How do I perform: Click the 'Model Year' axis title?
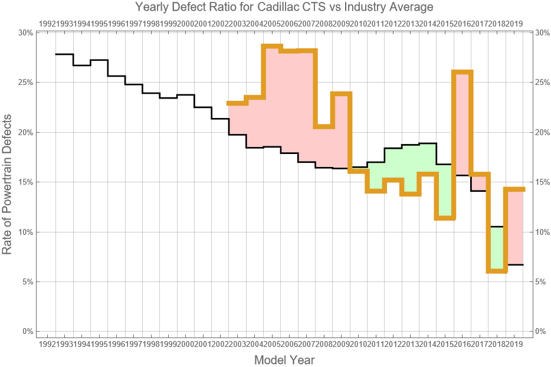tap(284, 360)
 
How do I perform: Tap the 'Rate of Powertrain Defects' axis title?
tap(7, 182)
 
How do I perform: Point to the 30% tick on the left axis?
tap(25, 33)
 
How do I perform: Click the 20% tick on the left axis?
tap(25, 132)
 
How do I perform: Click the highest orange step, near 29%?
tap(273, 46)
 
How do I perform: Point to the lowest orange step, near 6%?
tap(497, 271)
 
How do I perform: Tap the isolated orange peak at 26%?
tap(462, 72)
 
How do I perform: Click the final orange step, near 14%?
tap(514, 189)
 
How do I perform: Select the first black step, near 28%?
tap(64, 54)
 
